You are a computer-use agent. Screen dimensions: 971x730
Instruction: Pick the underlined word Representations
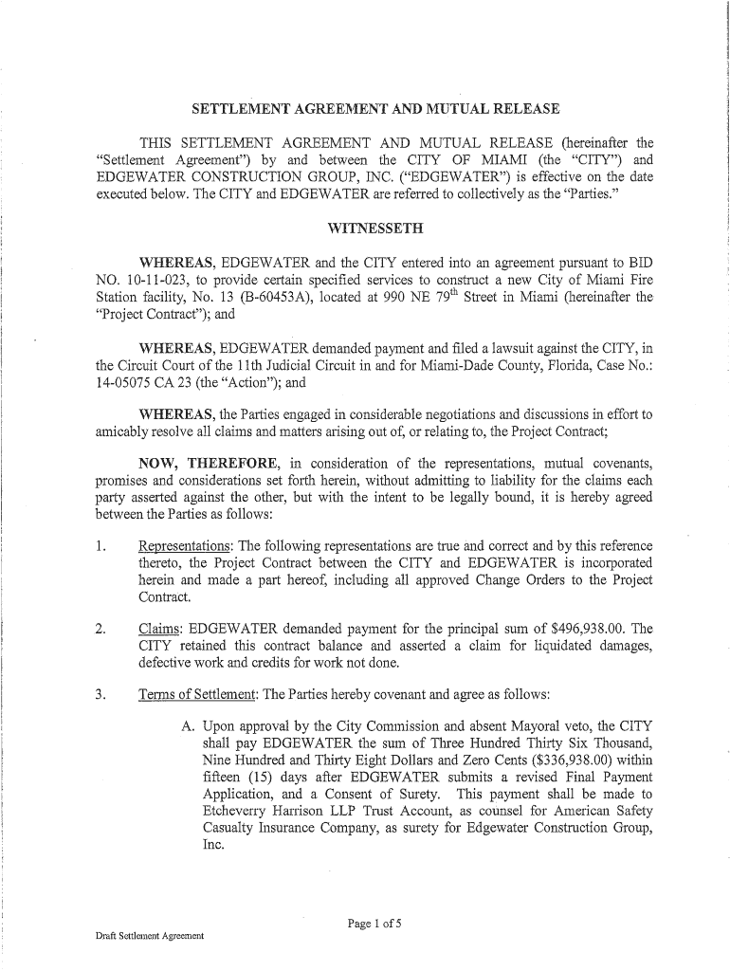click(x=186, y=547)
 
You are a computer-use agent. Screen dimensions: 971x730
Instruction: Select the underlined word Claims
click(x=160, y=628)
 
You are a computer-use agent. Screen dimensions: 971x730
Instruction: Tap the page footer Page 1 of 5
click(x=375, y=922)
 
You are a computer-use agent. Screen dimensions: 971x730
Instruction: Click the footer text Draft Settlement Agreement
click(x=150, y=936)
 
